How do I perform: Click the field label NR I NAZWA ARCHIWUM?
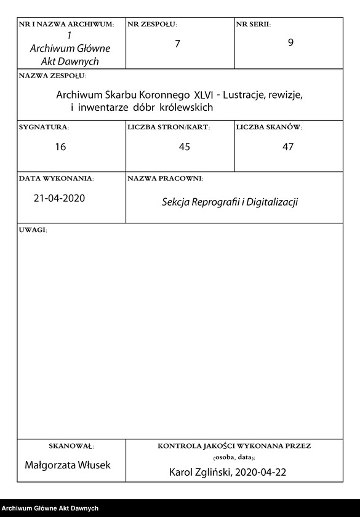tap(66, 25)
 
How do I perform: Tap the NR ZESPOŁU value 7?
tap(177, 44)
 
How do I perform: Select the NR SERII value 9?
tap(290, 44)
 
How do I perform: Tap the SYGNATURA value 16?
tap(60, 146)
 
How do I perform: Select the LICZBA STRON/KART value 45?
tap(183, 146)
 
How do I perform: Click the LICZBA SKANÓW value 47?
tap(288, 146)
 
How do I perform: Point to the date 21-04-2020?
tap(59, 198)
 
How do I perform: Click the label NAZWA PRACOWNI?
tap(165, 178)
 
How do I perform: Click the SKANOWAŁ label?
tap(71, 446)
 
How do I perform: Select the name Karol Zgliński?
tap(198, 473)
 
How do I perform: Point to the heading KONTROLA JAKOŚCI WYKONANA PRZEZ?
tap(234, 446)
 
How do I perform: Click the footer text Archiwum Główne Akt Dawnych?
tap(49, 508)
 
